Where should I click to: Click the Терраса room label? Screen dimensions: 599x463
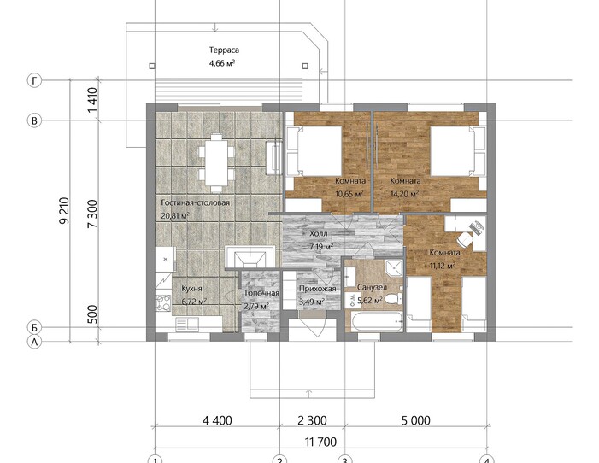224,50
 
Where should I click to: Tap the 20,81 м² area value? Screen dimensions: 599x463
175,215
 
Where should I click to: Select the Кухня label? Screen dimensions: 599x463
191,289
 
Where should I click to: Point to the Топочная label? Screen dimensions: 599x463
261,293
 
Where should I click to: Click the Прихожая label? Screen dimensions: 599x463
318,289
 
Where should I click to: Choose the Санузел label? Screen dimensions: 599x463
372,287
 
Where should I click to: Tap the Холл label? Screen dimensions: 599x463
319,233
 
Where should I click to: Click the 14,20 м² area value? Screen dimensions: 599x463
404,194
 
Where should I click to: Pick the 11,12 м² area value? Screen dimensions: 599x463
443,266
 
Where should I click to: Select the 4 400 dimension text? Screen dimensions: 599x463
217,420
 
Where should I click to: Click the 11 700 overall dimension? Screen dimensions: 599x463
321,442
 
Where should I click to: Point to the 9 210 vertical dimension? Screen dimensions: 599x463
65,210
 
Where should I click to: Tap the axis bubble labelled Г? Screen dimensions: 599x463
34,80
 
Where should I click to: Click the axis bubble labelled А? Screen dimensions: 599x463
34,342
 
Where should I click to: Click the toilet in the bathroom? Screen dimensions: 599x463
393,298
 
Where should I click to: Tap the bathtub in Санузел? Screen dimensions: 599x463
378,322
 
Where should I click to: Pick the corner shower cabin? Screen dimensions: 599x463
394,267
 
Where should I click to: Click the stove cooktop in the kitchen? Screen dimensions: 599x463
163,302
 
